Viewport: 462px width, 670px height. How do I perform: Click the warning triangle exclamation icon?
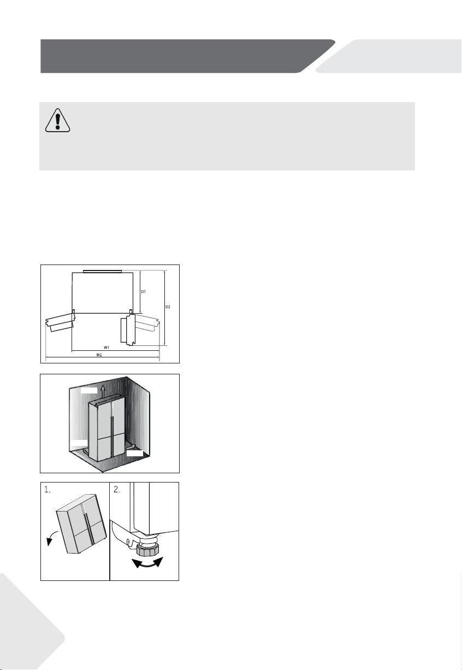(x=57, y=120)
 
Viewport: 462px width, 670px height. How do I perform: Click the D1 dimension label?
(x=144, y=291)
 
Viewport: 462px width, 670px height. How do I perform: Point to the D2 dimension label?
(x=168, y=307)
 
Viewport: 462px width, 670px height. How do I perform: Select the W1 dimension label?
(x=106, y=347)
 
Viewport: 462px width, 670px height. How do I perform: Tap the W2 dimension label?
(x=99, y=355)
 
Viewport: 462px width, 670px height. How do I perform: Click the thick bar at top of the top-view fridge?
(x=103, y=272)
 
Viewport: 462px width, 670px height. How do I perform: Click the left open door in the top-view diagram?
(x=60, y=321)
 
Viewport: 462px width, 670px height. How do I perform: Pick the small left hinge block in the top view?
(x=74, y=311)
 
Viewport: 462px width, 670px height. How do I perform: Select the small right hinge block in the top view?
(x=131, y=311)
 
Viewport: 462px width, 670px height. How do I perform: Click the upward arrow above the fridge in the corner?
(x=103, y=390)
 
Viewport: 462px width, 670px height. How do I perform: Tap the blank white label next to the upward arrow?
(x=89, y=390)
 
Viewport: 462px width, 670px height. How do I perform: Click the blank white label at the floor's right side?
(x=135, y=453)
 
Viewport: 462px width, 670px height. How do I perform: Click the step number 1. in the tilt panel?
(x=47, y=490)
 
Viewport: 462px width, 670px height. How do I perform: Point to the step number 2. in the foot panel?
(x=116, y=490)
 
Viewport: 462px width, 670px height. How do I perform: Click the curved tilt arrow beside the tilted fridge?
(x=50, y=538)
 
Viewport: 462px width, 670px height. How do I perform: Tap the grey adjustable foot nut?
(x=147, y=550)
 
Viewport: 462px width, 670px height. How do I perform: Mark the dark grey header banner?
(x=188, y=56)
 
